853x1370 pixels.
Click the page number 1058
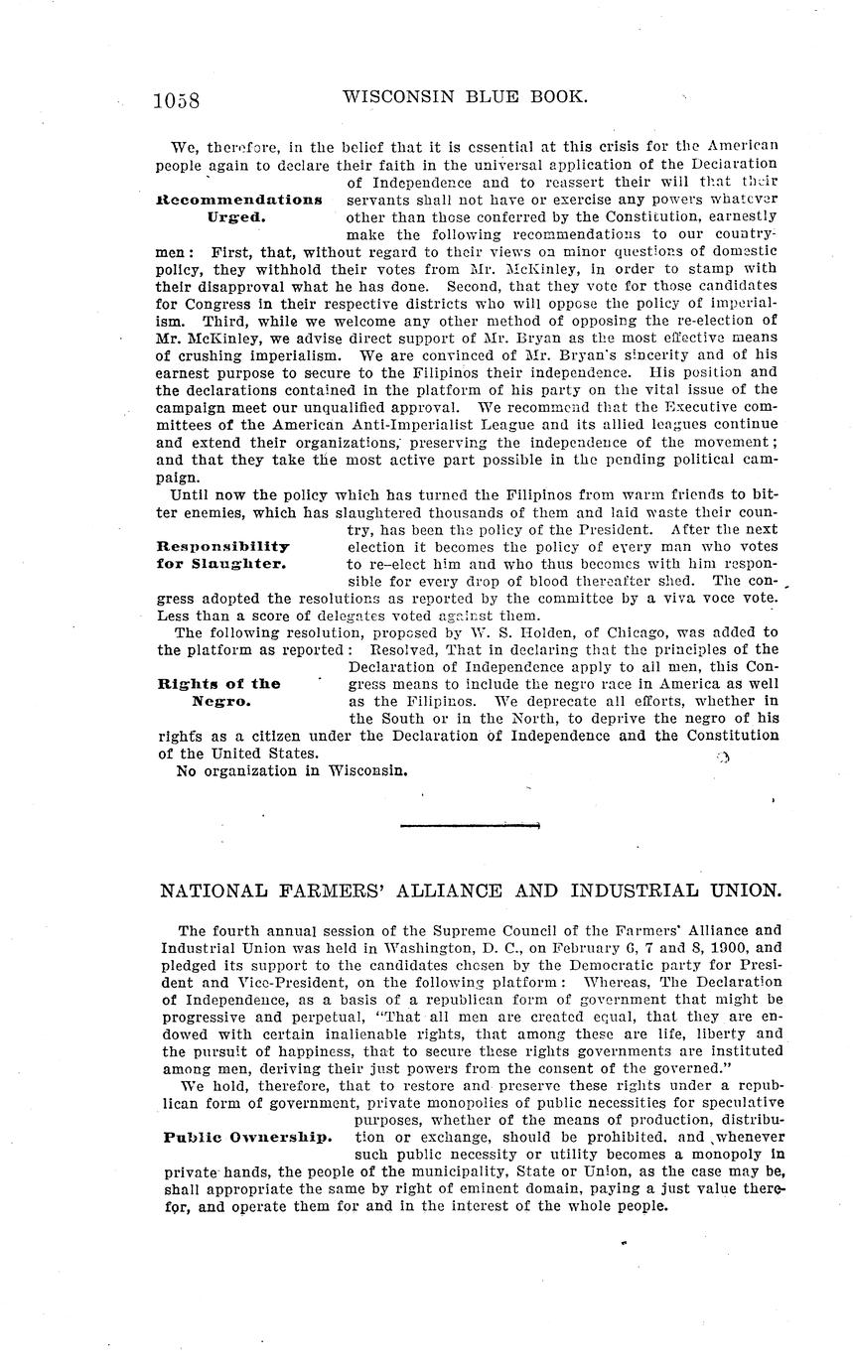pyautogui.click(x=177, y=100)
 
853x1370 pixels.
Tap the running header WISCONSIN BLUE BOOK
pyautogui.click(x=465, y=97)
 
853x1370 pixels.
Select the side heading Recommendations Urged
pyautogui.click(x=238, y=206)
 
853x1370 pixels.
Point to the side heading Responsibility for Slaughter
pyautogui.click(x=223, y=555)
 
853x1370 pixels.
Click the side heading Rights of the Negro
pyautogui.click(x=219, y=691)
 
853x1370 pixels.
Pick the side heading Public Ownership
pyautogui.click(x=247, y=1137)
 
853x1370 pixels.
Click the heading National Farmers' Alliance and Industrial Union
pyautogui.click(x=470, y=890)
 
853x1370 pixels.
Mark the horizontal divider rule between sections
pyautogui.click(x=469, y=825)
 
